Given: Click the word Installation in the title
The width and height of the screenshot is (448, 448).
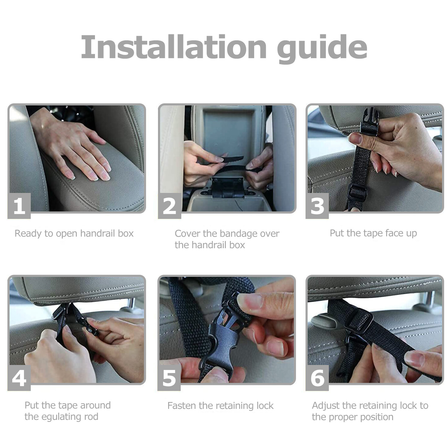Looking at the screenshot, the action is pyautogui.click(x=174, y=47).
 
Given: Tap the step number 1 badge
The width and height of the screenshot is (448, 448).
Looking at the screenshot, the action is pyautogui.click(x=19, y=206).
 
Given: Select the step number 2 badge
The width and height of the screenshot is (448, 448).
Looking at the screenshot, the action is pyautogui.click(x=169, y=206).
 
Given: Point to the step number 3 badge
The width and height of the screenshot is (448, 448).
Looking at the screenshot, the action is pyautogui.click(x=317, y=206).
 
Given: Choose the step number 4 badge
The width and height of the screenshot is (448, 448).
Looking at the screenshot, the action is pyautogui.click(x=19, y=378).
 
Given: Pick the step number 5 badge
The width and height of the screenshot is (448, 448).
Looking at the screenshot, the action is pyautogui.click(x=169, y=378).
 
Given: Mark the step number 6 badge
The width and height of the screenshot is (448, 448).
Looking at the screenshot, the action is pyautogui.click(x=317, y=378).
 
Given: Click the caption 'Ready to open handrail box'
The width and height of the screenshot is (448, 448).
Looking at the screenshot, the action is pyautogui.click(x=74, y=234).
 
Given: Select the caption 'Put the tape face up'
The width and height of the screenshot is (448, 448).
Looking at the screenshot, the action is pyautogui.click(x=373, y=233).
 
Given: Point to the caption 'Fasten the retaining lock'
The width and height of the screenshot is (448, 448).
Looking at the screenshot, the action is pyautogui.click(x=220, y=406).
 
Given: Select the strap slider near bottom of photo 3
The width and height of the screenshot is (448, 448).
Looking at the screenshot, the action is pyautogui.click(x=357, y=193).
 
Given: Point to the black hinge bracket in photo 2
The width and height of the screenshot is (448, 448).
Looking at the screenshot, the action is pyautogui.click(x=228, y=188).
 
